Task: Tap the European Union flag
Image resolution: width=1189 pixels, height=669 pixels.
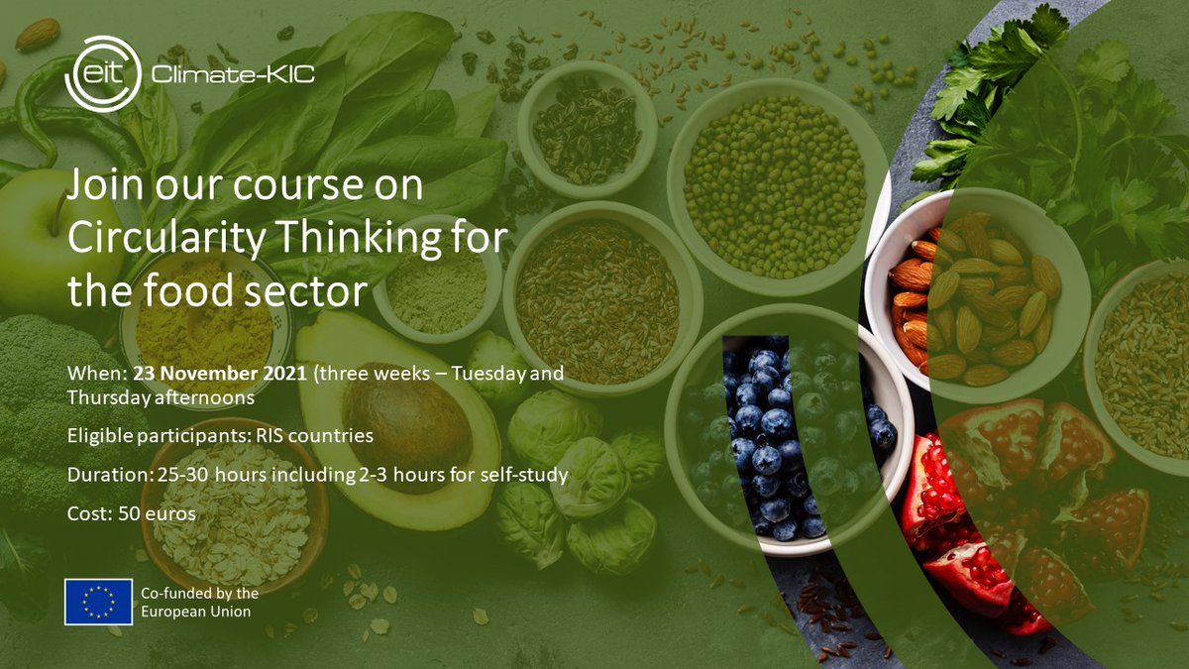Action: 98,602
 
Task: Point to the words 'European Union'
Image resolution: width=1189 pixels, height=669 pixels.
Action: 196,612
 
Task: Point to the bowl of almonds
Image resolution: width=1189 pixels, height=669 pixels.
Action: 976,297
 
